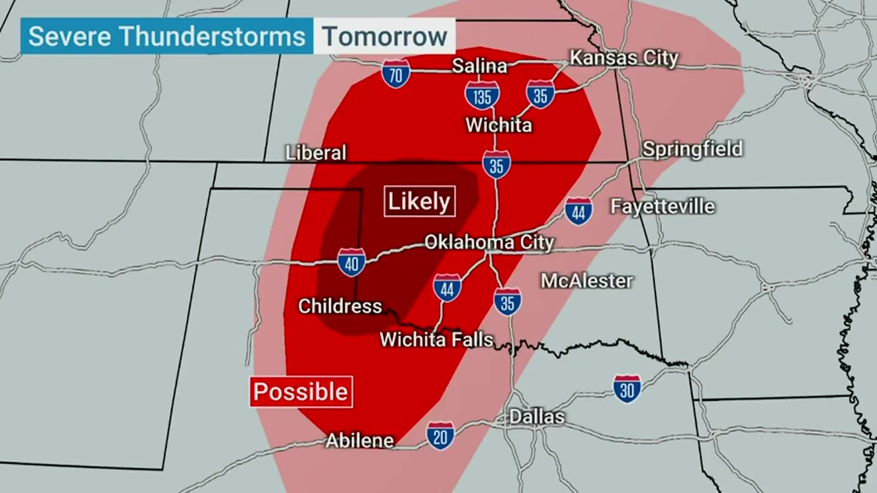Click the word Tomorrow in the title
point(384,37)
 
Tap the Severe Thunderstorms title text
point(167,37)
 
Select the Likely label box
point(419,201)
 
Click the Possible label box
point(301,392)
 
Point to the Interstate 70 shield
point(396,74)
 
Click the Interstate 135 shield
point(482,96)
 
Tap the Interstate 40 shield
point(351,262)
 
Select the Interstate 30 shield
point(627,389)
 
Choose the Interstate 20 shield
point(440,436)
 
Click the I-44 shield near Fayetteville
point(578,211)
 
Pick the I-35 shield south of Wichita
point(496,165)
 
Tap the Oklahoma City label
point(489,242)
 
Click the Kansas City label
point(624,58)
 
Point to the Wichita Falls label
point(436,340)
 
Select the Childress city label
point(340,306)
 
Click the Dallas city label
point(537,417)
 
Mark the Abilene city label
point(359,441)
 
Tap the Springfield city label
point(692,149)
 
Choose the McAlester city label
point(586,281)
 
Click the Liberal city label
point(316,152)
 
